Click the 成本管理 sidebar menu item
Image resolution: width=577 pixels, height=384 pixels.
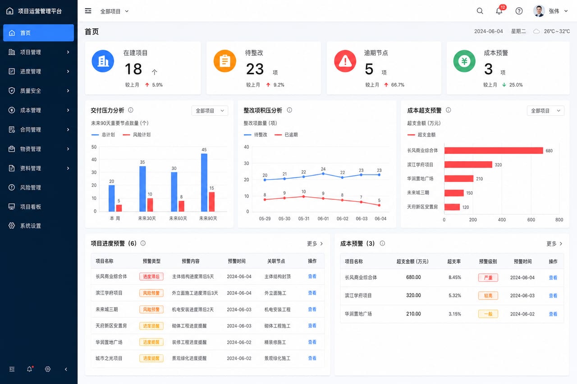(39, 110)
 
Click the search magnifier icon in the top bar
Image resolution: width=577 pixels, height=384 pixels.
(480, 11)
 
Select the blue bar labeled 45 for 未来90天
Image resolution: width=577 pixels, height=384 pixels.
(204, 183)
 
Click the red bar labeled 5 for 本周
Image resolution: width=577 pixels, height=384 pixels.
(119, 208)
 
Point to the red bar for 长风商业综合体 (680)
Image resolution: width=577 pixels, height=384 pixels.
(494, 150)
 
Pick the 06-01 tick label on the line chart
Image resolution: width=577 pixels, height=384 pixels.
(323, 219)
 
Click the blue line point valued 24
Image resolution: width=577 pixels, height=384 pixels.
(323, 174)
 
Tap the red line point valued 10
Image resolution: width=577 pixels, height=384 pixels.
(304, 196)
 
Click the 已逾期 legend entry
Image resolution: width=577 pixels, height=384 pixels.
(286, 135)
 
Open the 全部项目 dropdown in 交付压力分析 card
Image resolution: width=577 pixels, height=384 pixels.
(210, 111)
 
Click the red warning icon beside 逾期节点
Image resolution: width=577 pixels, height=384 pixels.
(345, 61)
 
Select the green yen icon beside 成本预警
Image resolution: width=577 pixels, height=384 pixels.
(464, 61)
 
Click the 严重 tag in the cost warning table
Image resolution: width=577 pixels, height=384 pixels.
(488, 277)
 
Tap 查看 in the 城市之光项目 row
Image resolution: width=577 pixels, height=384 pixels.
(312, 358)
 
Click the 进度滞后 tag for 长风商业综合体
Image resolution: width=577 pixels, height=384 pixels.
(151, 276)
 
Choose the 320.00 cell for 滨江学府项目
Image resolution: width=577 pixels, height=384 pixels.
(413, 295)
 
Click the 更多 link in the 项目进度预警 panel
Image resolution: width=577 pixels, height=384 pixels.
(315, 243)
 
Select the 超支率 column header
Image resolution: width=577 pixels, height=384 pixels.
(454, 261)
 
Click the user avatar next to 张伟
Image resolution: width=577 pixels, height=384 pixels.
(539, 11)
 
